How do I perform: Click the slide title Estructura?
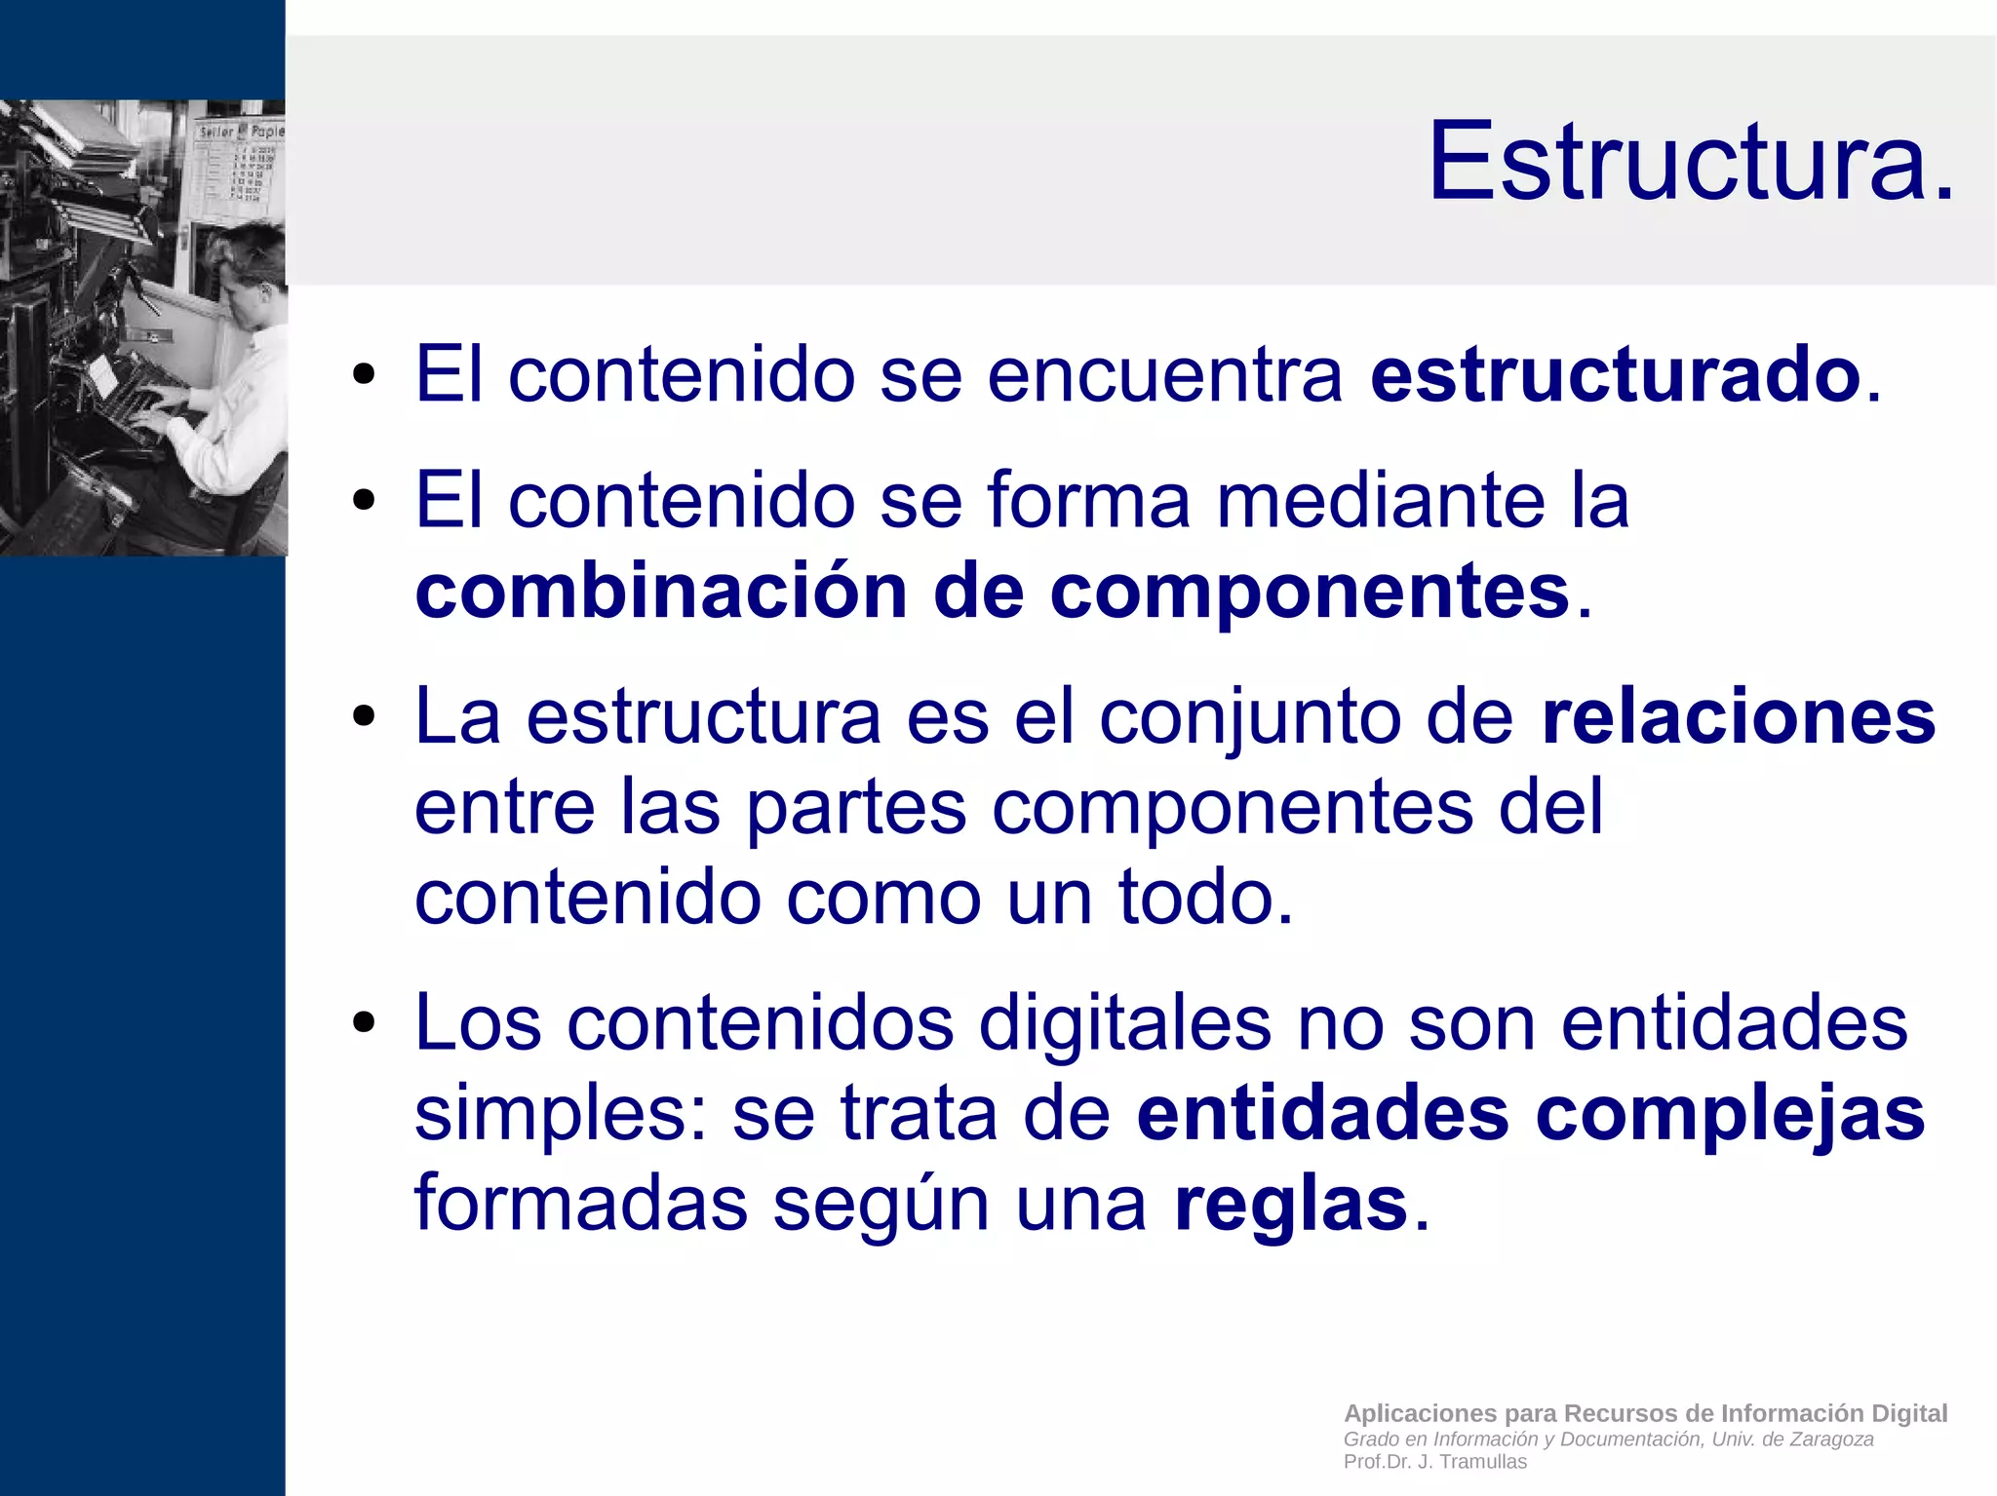1691,161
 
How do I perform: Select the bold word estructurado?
1615,374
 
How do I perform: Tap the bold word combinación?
661,592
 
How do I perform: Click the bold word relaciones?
1738,717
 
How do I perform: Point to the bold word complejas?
1730,1114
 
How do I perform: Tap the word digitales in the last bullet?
1124,1023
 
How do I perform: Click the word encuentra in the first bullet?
1164,374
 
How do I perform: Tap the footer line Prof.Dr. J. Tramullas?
1434,1462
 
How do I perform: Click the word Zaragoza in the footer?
1831,1439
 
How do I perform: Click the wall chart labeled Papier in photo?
239,161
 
